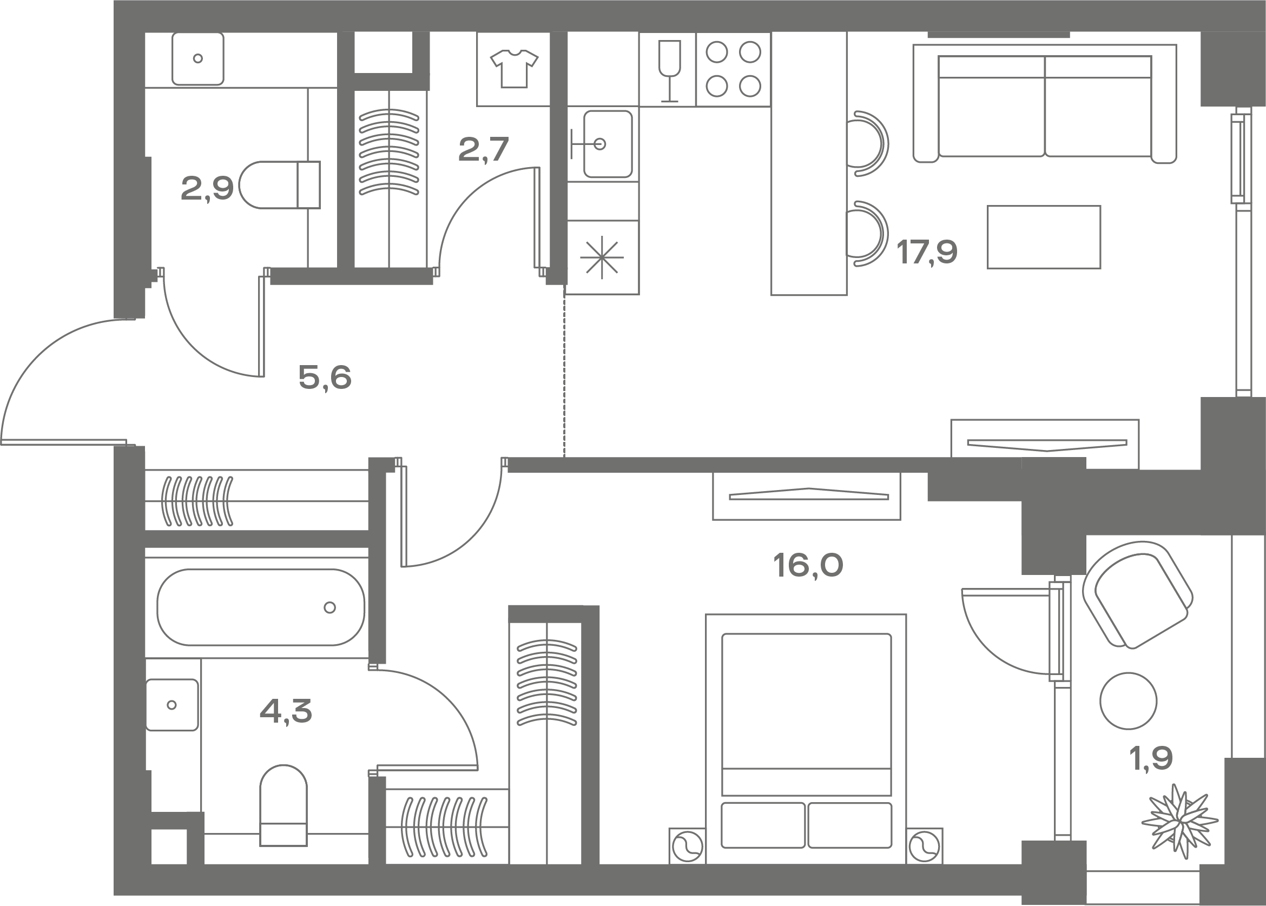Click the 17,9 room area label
927,252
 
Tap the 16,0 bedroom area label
808,565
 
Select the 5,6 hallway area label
325,378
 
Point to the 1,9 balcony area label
1151,759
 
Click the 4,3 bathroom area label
286,711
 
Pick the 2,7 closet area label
483,149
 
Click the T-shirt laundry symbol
514,69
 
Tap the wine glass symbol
669,70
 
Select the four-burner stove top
733,69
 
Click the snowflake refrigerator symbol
602,258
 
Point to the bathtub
261,607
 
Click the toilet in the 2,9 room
280,184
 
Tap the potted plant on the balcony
1179,821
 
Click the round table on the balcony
1128,700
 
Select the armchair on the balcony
1137,594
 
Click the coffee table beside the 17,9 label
1044,237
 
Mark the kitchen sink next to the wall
608,144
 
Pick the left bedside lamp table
687,846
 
